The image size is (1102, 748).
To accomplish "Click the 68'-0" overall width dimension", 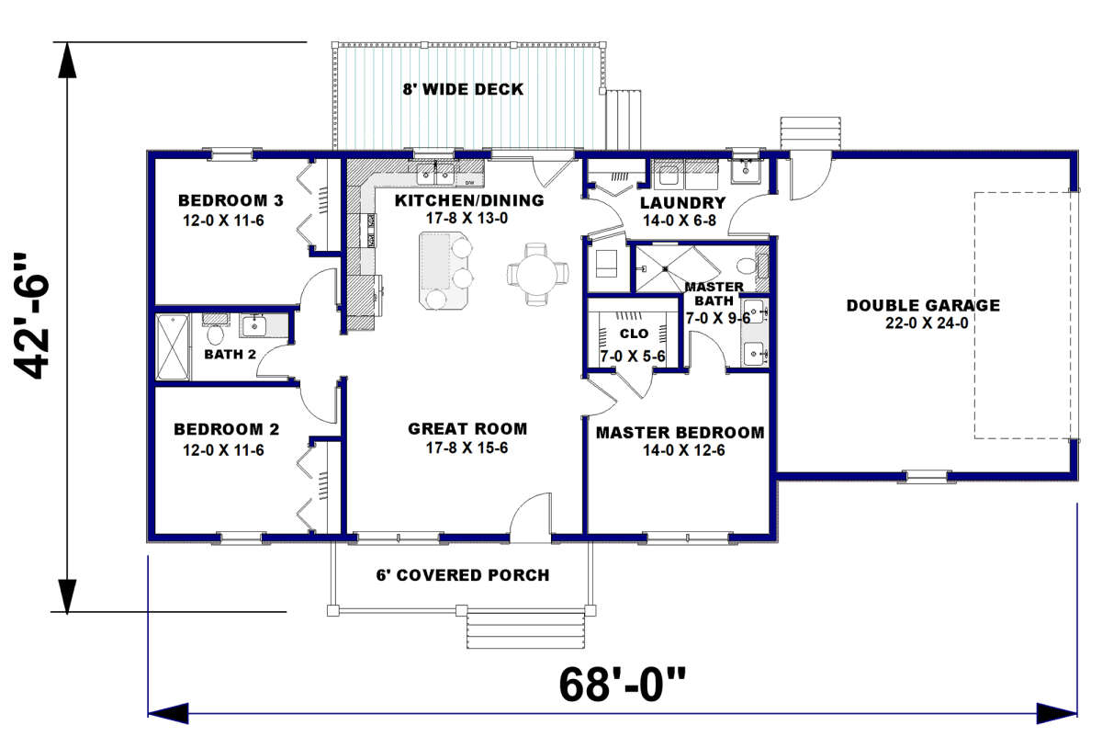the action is [622, 686].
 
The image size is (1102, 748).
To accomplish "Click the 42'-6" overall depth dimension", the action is [31, 316].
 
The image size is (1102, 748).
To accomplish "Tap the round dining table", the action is [538, 274].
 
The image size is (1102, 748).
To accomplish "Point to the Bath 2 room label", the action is [231, 355].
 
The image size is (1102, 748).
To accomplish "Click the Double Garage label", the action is [924, 305].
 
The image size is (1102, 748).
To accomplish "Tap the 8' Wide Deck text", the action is [463, 89].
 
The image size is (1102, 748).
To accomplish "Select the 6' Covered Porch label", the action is [463, 574].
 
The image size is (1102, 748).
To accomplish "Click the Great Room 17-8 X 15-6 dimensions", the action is [467, 448].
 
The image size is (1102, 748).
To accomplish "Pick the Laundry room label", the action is [683, 203].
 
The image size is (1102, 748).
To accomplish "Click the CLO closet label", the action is [635, 334].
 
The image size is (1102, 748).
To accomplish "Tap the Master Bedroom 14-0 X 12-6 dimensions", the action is [684, 450].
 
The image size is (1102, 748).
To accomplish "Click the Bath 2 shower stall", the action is [173, 346].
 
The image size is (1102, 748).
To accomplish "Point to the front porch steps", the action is [526, 629].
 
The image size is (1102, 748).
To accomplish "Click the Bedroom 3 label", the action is [231, 201].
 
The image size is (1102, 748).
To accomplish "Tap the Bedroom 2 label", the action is [226, 429].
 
